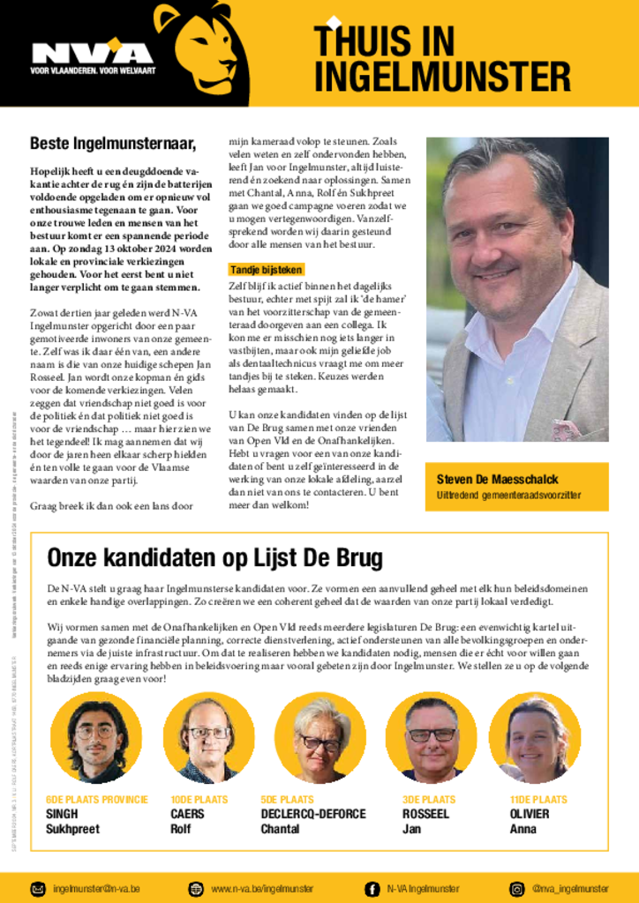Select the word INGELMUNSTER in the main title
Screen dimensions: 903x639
tap(441, 77)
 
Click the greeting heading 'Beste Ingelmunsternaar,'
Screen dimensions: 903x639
tap(112, 143)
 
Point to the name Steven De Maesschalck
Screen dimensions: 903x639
tap(497, 480)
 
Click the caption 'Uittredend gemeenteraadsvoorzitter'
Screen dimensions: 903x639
tap(508, 496)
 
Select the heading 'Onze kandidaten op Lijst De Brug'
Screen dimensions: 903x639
tap(214, 557)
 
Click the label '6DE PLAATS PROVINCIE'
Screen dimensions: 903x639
tap(96, 800)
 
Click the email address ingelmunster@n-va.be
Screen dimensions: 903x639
tap(97, 888)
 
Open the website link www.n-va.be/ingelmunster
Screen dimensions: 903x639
tap(262, 888)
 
